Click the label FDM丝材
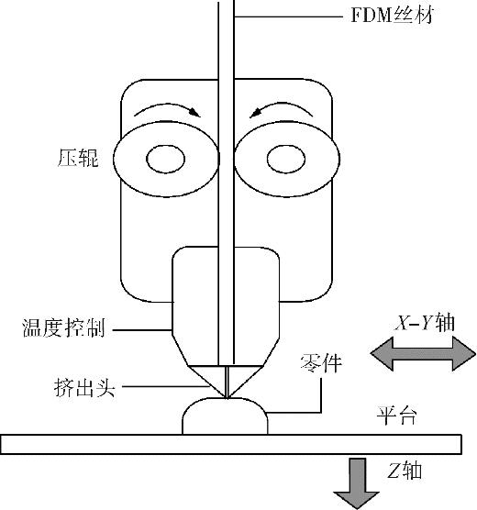click(393, 16)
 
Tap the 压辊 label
click(78, 158)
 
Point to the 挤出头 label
click(84, 387)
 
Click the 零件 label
click(321, 362)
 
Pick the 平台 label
click(396, 416)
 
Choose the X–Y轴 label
click(425, 323)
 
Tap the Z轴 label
click(405, 471)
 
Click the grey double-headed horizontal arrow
click(423, 353)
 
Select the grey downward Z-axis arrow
click(357, 482)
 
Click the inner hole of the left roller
click(166, 159)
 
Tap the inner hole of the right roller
click(286, 159)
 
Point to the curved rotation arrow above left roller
click(167, 105)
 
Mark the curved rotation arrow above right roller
click(283, 105)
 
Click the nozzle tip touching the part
click(227, 397)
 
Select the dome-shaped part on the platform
click(225, 416)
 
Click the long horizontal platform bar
click(231, 444)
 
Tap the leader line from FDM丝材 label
click(288, 17)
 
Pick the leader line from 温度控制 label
click(142, 330)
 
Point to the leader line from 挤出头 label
click(165, 387)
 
